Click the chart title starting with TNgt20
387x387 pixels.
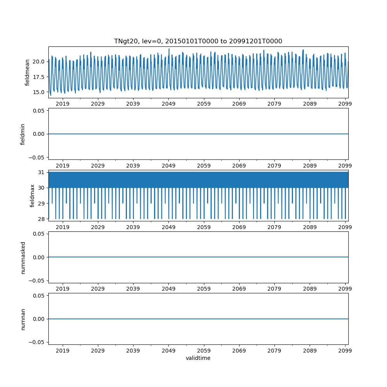198,41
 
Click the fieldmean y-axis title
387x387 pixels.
27,72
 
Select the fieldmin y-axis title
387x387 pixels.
23,134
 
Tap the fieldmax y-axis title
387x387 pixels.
33,195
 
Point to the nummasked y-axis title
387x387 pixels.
23,257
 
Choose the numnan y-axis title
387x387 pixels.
23,319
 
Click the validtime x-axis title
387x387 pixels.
198,358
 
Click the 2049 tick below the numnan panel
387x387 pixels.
168,351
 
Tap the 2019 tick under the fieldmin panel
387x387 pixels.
63,166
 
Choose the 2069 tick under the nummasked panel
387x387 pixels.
239,289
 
